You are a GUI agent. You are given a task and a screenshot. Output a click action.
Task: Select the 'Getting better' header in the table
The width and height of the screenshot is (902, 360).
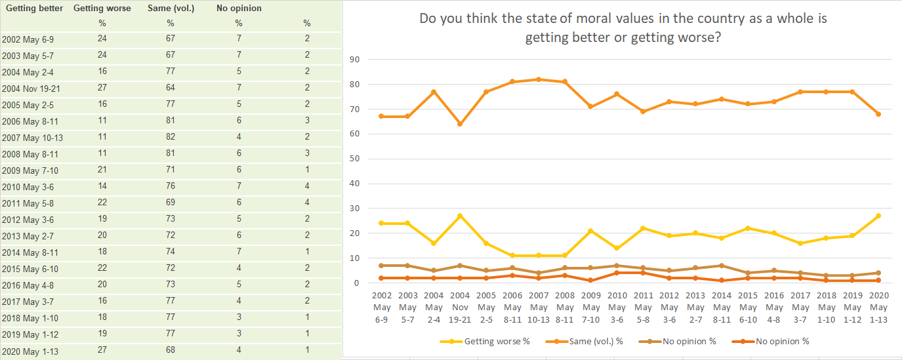click(33, 9)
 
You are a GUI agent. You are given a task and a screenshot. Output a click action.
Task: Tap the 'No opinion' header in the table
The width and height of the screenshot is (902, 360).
click(239, 9)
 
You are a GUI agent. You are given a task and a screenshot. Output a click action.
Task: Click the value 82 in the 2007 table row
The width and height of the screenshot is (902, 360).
click(169, 137)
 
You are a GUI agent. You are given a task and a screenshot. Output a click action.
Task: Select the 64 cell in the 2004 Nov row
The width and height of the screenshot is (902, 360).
click(169, 88)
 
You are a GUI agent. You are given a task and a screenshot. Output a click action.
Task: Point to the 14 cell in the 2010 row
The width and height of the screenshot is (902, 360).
click(102, 186)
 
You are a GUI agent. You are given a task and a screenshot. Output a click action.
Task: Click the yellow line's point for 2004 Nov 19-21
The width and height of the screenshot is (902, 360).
click(459, 216)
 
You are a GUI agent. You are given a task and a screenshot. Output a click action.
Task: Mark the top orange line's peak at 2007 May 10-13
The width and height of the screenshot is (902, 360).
click(539, 79)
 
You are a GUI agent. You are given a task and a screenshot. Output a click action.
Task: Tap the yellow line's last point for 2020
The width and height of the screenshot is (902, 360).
click(878, 216)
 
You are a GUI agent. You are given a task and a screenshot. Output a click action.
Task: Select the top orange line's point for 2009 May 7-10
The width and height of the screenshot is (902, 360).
click(591, 106)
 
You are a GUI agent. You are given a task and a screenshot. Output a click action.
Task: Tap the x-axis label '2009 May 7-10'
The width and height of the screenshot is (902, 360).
click(591, 308)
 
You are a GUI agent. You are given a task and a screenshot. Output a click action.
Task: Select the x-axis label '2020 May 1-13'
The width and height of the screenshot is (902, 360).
click(878, 308)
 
